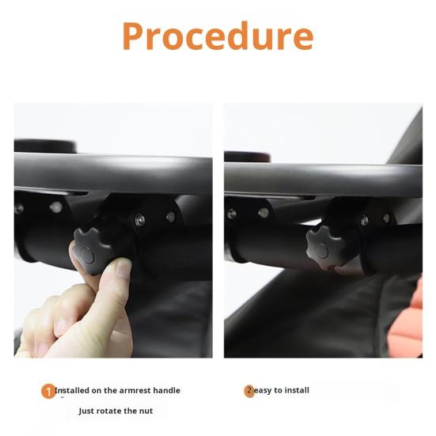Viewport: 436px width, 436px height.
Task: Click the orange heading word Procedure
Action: pos(218,36)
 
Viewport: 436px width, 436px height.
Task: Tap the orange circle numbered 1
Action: pos(48,391)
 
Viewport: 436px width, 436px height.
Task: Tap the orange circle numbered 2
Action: pos(249,391)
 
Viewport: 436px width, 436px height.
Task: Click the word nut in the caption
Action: pos(146,411)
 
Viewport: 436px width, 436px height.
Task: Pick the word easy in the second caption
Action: pos(263,390)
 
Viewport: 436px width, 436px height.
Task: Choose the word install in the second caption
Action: pos(297,390)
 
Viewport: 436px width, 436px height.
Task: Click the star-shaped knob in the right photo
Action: pos(324,247)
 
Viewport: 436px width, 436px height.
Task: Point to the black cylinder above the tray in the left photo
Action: pos(45,146)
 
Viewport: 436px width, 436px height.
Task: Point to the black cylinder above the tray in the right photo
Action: pos(247,157)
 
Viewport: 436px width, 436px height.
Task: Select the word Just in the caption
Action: pos(86,411)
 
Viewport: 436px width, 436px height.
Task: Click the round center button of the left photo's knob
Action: pos(87,256)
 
